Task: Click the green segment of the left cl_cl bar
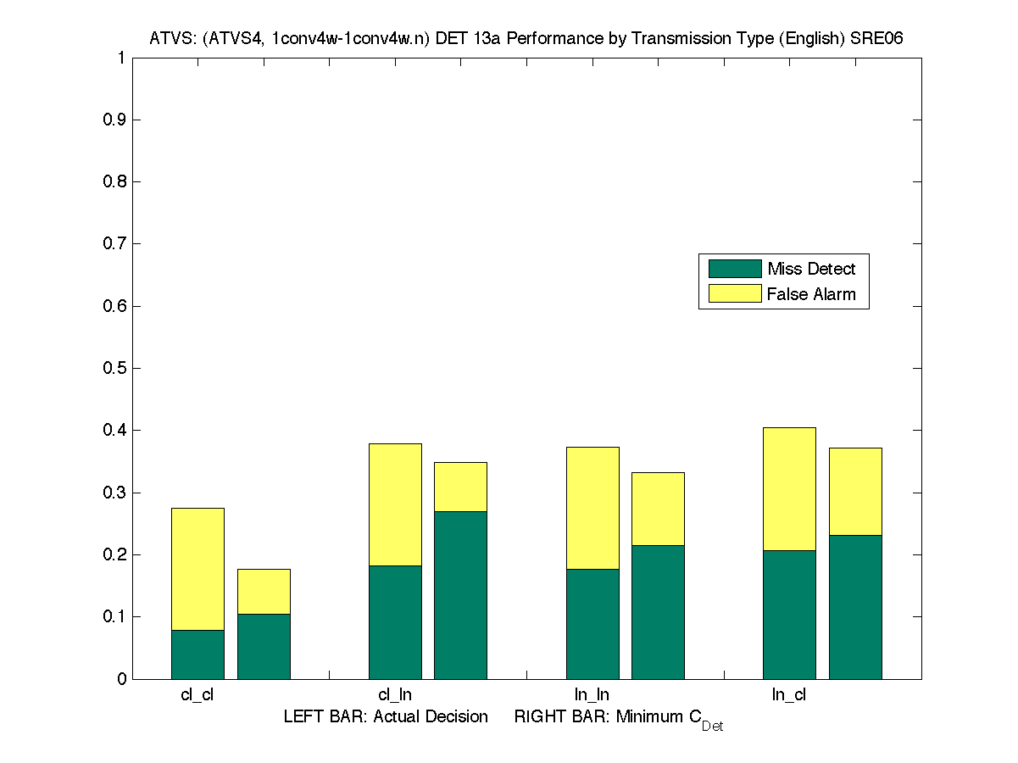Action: (x=197, y=654)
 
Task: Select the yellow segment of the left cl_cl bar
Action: (x=197, y=569)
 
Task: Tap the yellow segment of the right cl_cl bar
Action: (x=264, y=591)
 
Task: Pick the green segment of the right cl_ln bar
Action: (x=460, y=594)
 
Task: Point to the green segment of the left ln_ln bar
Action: (x=592, y=623)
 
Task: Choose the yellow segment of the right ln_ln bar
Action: (x=658, y=509)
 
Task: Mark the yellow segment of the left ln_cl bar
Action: (x=789, y=489)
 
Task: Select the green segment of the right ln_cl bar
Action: (x=855, y=606)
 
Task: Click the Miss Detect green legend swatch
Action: (x=735, y=269)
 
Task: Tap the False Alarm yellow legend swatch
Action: (x=735, y=294)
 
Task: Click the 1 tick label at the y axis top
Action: (x=122, y=58)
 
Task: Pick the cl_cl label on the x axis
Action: (x=197, y=695)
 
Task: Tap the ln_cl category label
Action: (x=789, y=695)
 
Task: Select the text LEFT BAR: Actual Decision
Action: (x=386, y=717)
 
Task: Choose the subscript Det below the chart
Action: (x=712, y=727)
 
